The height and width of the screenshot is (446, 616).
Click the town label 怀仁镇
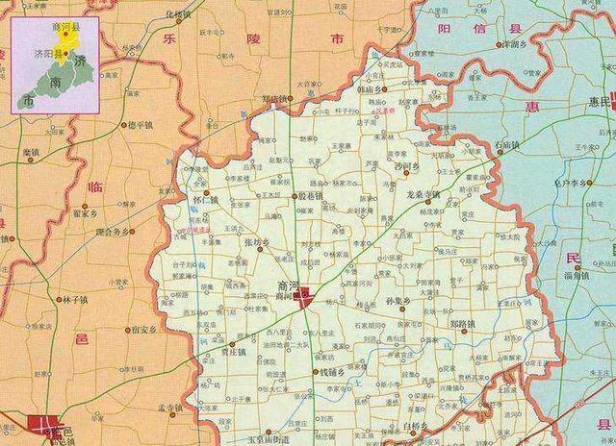point(205,200)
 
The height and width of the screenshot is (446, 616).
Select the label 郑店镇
point(274,98)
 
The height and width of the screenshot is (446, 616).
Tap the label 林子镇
point(73,299)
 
